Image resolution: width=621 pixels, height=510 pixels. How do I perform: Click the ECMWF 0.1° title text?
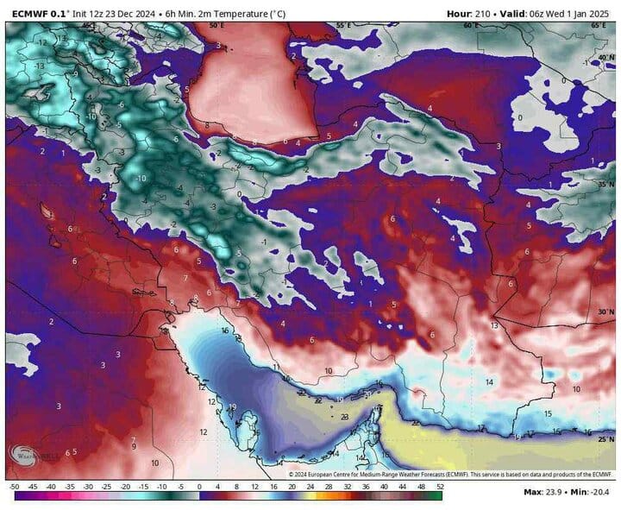(x=40, y=13)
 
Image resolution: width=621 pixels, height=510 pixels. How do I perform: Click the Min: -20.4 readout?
(x=592, y=493)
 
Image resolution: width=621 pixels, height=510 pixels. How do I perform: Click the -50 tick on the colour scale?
(x=15, y=488)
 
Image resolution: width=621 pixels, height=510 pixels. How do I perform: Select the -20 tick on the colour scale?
(x=126, y=488)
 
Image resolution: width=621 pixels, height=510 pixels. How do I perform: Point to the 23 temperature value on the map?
(x=344, y=417)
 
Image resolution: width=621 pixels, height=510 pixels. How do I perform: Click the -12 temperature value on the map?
(x=41, y=42)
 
